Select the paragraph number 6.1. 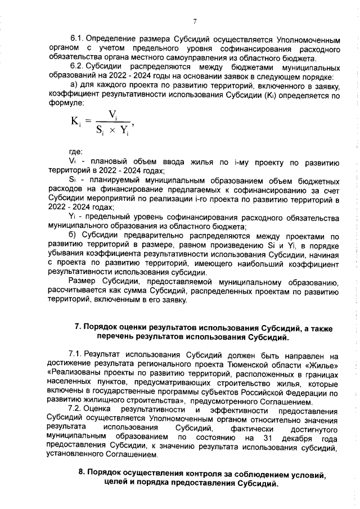(77, 40)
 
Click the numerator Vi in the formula (113, 114)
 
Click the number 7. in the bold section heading (79, 326)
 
